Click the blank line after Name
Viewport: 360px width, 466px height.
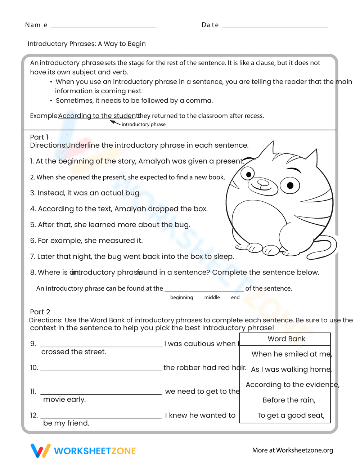click(104, 26)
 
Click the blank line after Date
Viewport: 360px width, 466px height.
click(275, 26)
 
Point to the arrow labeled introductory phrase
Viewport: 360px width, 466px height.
click(115, 122)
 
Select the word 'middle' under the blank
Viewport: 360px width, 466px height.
click(212, 297)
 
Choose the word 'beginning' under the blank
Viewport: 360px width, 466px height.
click(181, 297)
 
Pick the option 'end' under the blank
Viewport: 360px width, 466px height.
click(235, 297)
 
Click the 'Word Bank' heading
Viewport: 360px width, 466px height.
click(286, 339)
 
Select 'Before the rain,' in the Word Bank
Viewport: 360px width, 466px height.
click(289, 400)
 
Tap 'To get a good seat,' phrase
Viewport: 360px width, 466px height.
click(291, 415)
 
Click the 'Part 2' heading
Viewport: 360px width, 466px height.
click(40, 312)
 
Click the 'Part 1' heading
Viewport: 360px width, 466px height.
click(39, 137)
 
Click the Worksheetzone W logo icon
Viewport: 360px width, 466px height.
click(40, 451)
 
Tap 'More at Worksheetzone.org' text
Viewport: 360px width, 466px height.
click(292, 450)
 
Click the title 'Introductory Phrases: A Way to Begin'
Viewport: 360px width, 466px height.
click(87, 44)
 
